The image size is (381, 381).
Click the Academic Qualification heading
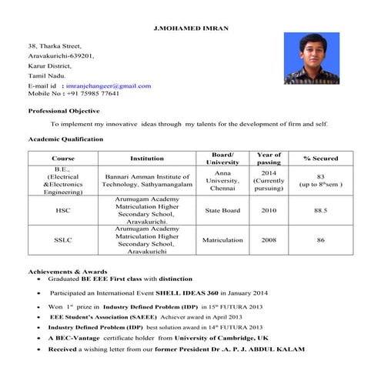[x=65, y=139]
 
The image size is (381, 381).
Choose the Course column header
[x=62, y=159]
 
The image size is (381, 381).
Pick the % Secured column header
[x=320, y=159]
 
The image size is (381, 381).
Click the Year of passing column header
[x=269, y=159]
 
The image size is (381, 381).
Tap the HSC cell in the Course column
[x=62, y=210]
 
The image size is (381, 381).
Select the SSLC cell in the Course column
[x=62, y=240]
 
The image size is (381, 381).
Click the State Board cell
[x=222, y=210]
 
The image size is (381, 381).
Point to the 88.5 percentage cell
[x=320, y=210]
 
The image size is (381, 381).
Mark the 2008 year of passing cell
[x=269, y=240]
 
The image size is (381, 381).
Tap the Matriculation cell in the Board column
[x=222, y=240]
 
